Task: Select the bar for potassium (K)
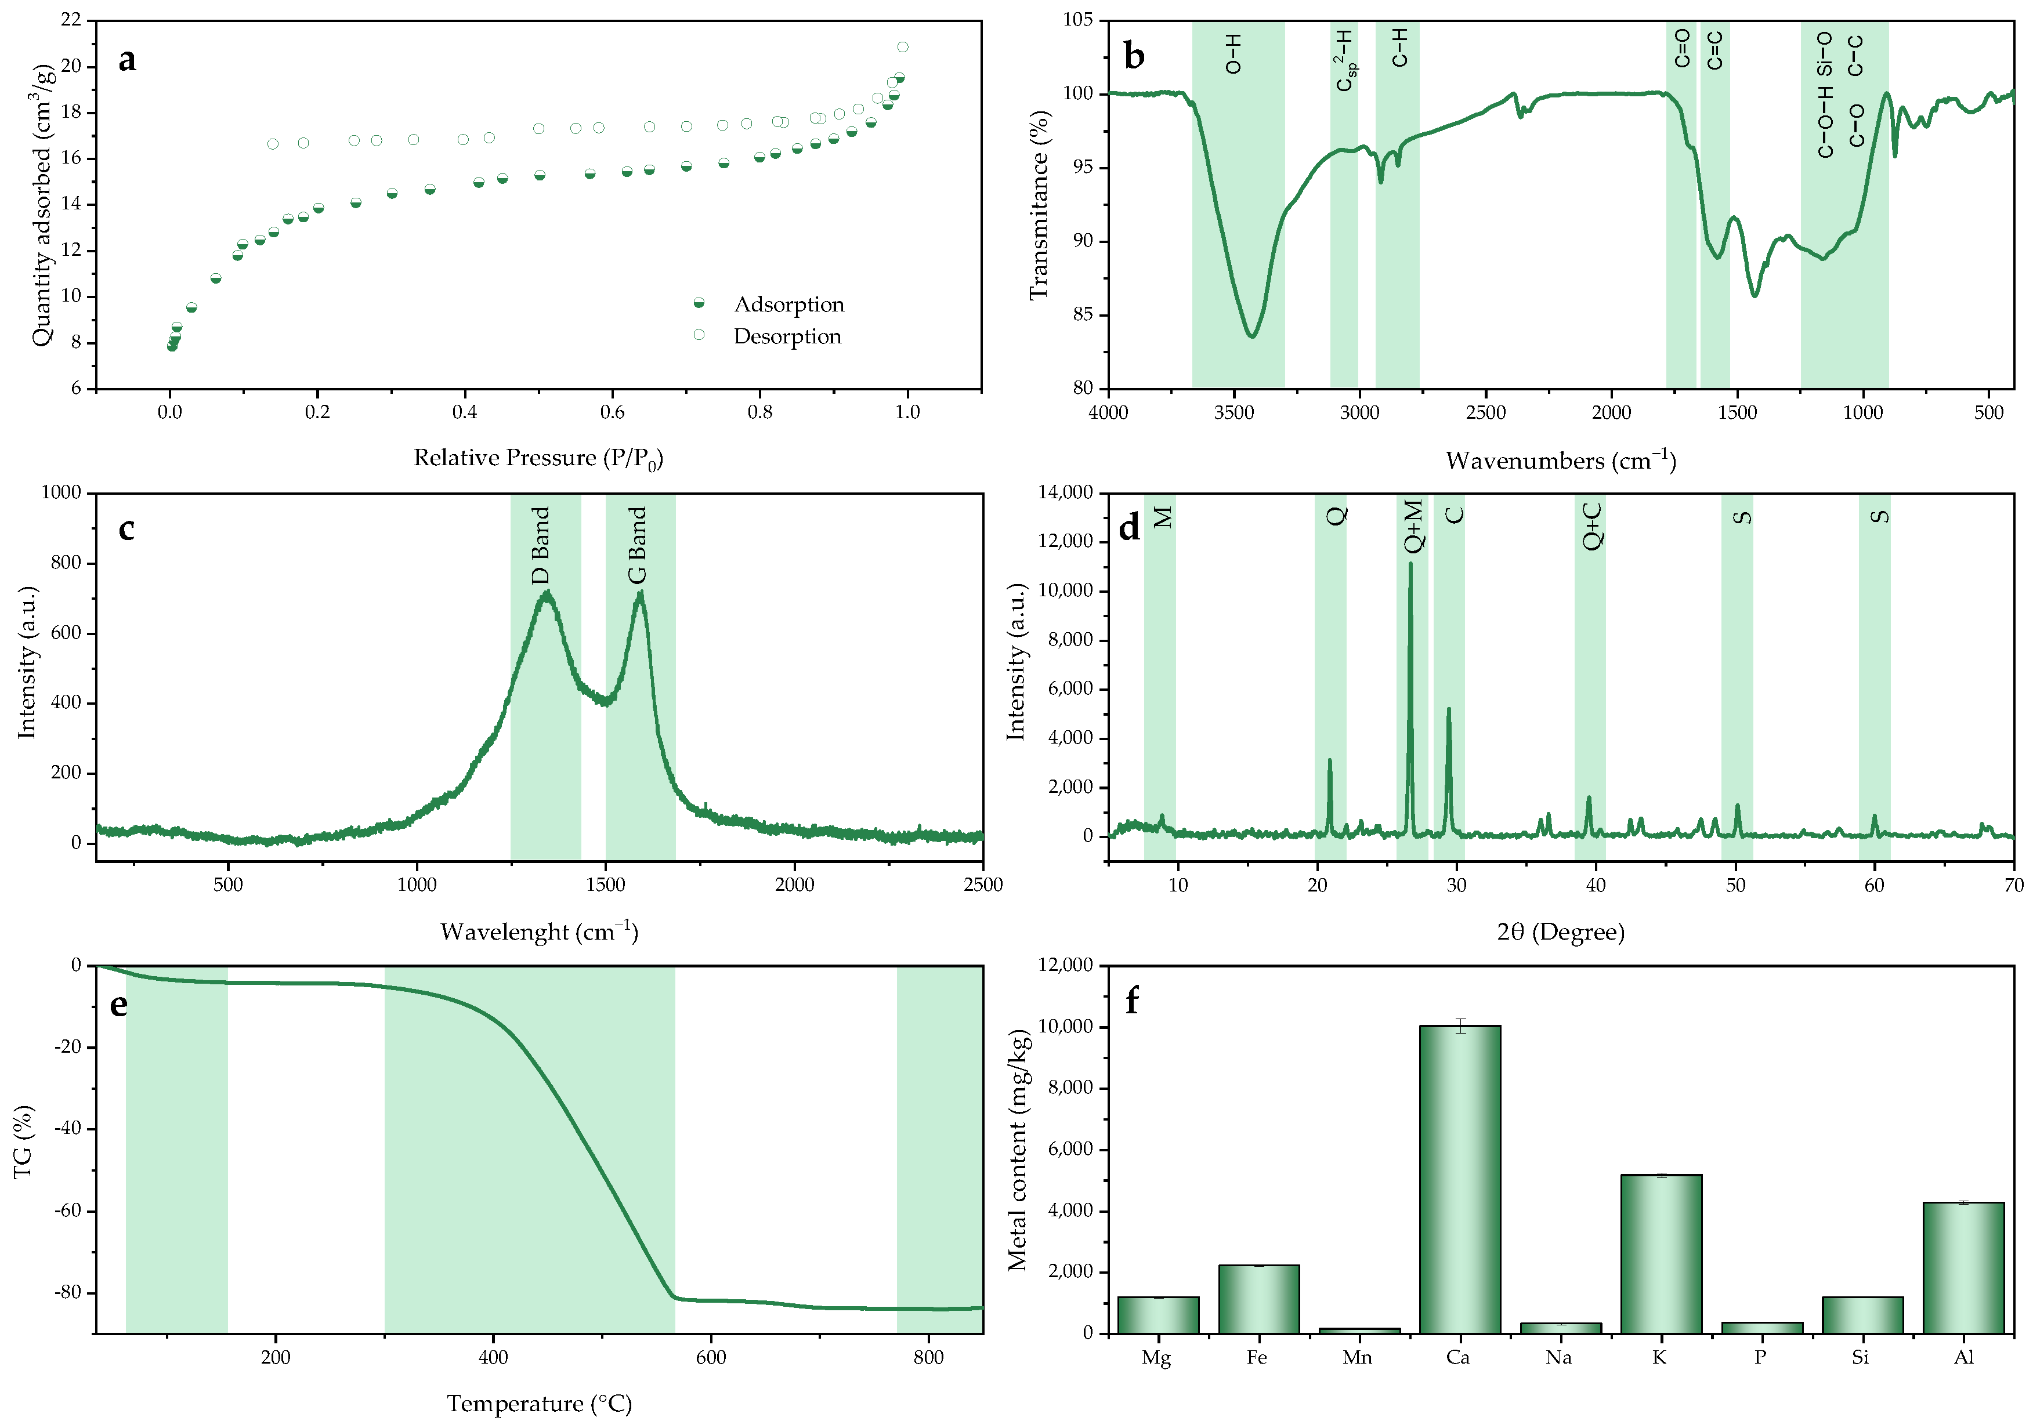1660,1253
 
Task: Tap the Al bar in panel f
1963,1267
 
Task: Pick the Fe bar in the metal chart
1258,1299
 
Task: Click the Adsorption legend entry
788,305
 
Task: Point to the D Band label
540,545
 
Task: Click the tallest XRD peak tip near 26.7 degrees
1410,564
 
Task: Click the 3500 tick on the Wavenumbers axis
1233,412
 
